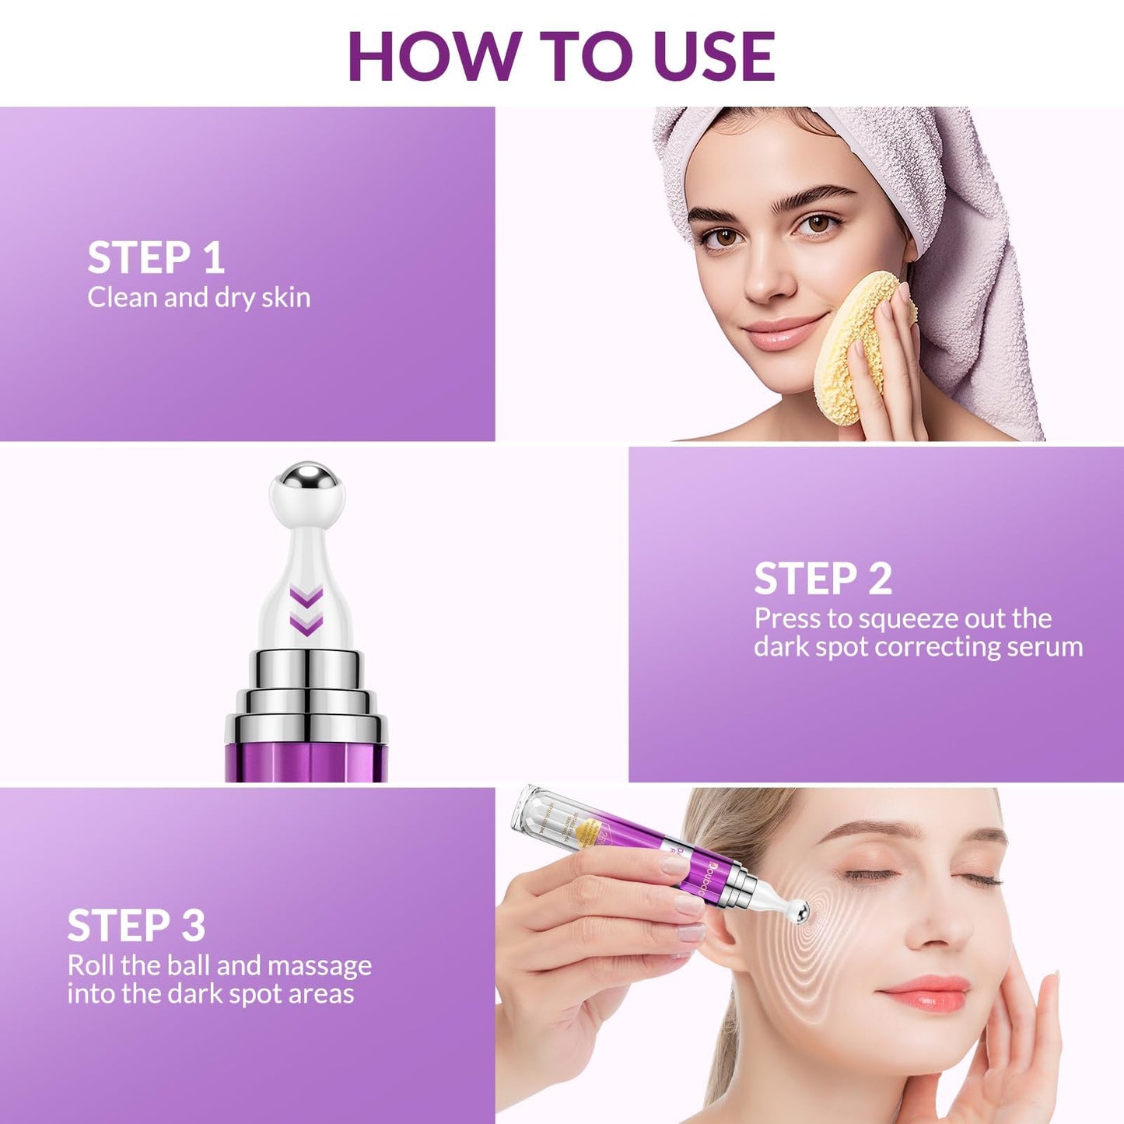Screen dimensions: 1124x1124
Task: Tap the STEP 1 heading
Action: point(156,257)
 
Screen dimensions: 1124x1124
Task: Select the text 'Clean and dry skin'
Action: point(198,297)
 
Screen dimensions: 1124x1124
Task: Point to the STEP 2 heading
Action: point(823,579)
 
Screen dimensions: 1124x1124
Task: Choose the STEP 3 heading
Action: point(136,925)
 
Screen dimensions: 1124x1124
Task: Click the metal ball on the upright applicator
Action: point(306,476)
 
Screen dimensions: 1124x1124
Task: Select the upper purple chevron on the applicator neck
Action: point(306,598)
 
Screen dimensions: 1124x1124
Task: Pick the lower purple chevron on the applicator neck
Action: point(306,624)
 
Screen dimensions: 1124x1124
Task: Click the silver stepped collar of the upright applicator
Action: point(306,692)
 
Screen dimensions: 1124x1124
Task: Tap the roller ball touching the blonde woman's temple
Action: point(797,909)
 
